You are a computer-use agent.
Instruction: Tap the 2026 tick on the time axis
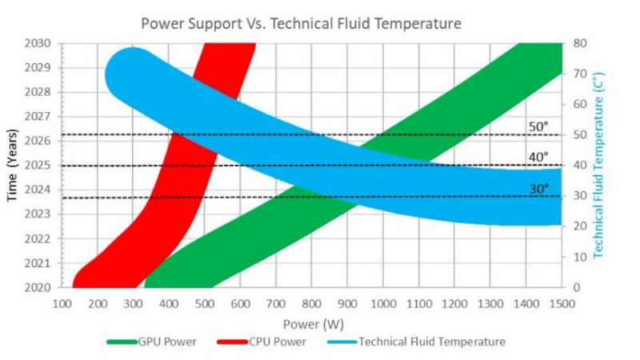pos(42,141)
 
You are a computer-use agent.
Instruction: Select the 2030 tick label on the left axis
pos(42,43)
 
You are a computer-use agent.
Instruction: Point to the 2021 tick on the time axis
pos(42,262)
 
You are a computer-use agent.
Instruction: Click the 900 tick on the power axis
pos(347,304)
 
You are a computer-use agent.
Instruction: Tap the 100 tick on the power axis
pos(62,304)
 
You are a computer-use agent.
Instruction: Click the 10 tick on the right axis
pos(578,256)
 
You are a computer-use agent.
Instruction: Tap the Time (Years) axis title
pos(14,164)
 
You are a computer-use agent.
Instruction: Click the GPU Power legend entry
pos(154,342)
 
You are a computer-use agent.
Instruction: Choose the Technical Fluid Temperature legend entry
pos(417,342)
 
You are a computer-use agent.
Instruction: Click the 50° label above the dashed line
pos(538,126)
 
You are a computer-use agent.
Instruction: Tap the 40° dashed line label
pos(538,157)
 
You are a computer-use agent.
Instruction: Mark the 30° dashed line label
pos(538,189)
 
